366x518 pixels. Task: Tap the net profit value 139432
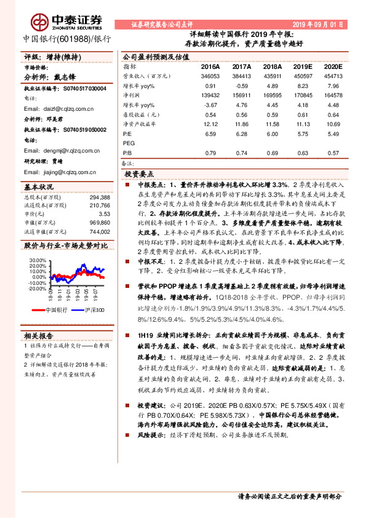[210, 96]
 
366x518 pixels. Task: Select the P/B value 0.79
[210, 153]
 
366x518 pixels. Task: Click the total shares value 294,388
[100, 197]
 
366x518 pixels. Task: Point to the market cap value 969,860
[100, 222]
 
